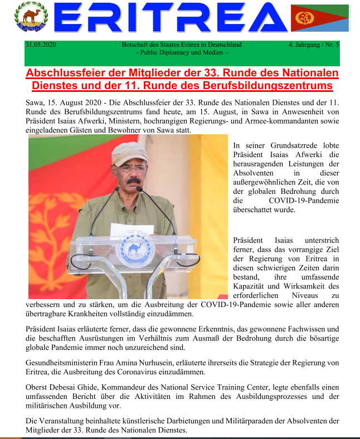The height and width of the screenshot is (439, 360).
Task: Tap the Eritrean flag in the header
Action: [x=327, y=19]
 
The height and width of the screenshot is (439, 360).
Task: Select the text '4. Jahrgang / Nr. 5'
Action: [x=314, y=44]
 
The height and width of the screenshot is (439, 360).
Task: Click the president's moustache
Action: [x=133, y=180]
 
